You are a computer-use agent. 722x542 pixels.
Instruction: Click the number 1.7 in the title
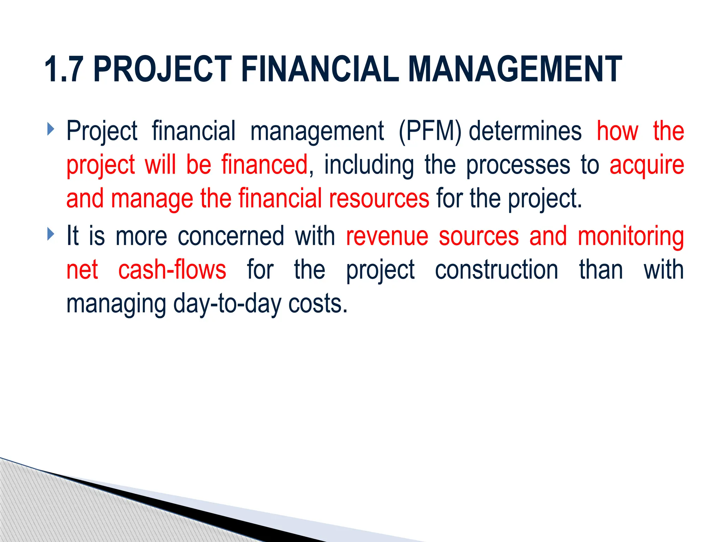pos(64,70)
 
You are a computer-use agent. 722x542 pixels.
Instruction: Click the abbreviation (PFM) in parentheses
pos(430,131)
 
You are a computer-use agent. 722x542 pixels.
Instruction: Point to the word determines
pos(525,131)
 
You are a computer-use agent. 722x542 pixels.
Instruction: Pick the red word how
pos(617,131)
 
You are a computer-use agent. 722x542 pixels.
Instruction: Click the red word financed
pos(264,165)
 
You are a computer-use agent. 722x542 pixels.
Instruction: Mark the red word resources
pos(379,199)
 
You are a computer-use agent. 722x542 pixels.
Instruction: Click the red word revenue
pos(387,236)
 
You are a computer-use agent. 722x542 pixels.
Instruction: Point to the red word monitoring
pos(631,237)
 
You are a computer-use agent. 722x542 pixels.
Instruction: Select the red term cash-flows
pos(172,270)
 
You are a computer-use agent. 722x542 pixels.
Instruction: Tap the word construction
pos(496,270)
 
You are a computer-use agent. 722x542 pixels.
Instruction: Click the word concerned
pos(231,236)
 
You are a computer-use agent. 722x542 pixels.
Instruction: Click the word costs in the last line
pos(318,304)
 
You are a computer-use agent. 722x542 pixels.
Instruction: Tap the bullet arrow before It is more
pos(51,234)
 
